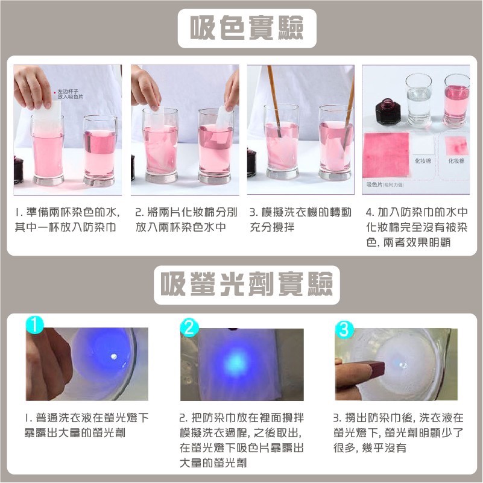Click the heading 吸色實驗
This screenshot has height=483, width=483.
[x=247, y=28]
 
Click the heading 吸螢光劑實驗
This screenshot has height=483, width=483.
[x=247, y=283]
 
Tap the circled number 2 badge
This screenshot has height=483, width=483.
[x=189, y=327]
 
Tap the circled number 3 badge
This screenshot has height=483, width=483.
[x=344, y=329]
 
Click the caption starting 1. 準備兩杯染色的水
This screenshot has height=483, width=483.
[x=67, y=220]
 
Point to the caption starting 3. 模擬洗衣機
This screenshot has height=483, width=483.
[x=299, y=220]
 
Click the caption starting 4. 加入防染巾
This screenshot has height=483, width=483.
[x=417, y=227]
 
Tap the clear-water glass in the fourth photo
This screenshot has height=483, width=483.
[x=418, y=99]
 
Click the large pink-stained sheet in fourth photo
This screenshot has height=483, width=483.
[x=386, y=154]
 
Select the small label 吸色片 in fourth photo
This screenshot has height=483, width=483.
[x=374, y=184]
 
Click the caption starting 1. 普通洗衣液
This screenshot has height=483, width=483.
[x=87, y=425]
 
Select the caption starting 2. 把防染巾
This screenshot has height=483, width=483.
[x=241, y=440]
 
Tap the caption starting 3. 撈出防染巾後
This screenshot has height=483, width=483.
[x=398, y=432]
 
